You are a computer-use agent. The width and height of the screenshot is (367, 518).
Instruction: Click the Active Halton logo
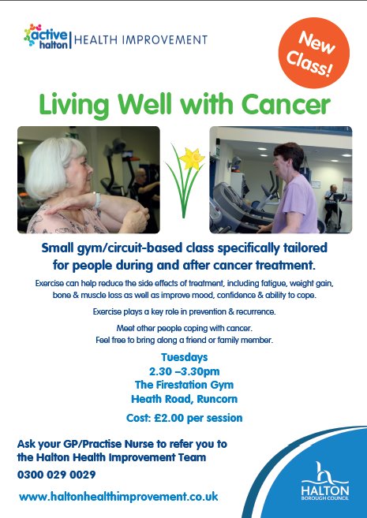click(47, 37)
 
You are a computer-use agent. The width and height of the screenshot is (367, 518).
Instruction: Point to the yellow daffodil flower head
click(191, 159)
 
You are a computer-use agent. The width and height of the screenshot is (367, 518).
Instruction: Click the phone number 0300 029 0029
click(56, 475)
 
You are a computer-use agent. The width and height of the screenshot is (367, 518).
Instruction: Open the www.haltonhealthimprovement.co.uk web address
click(118, 497)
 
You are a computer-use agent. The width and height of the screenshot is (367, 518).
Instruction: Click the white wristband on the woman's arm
click(98, 200)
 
